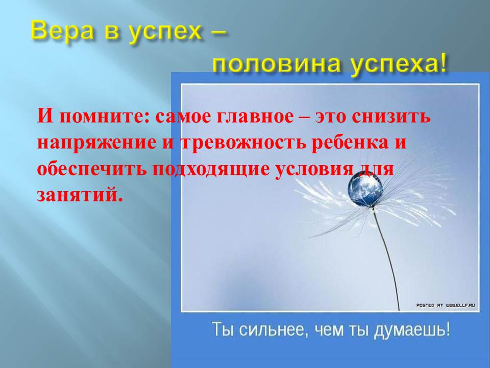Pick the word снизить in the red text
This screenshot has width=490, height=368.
pos(391,117)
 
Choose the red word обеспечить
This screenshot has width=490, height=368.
pos(92,169)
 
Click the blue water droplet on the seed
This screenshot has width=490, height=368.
pos(365,189)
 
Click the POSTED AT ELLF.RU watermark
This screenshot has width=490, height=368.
pos(446,305)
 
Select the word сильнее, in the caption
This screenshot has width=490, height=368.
pos(273,330)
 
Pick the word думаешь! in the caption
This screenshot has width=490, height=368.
pos(412,330)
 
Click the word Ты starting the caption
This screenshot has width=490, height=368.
pos(223,329)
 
